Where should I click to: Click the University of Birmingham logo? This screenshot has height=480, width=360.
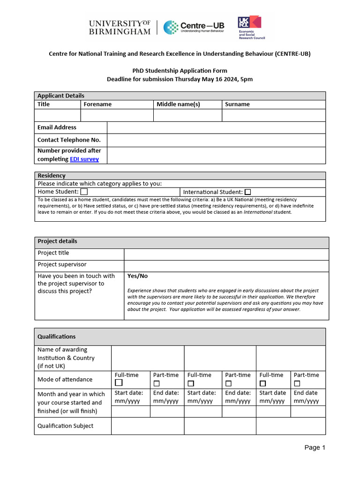(x=120, y=27)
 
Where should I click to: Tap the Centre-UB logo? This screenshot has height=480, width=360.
(x=194, y=27)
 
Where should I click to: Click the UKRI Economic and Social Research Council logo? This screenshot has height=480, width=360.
(x=251, y=27)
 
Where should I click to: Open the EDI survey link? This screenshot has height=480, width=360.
(x=84, y=159)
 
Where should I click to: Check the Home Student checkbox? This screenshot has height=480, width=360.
(x=84, y=192)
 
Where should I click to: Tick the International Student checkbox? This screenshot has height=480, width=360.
(x=247, y=192)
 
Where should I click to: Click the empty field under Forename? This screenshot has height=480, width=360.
(x=117, y=115)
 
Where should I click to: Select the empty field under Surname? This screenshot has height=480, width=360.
(x=273, y=115)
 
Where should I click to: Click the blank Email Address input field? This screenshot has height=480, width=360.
(x=216, y=127)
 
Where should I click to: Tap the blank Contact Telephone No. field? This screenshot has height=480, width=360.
(x=216, y=140)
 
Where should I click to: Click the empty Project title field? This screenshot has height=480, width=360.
(x=226, y=254)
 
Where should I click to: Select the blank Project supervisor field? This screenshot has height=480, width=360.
(x=226, y=265)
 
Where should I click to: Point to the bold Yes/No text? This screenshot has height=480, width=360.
(x=137, y=276)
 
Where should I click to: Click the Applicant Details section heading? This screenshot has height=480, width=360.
(x=61, y=96)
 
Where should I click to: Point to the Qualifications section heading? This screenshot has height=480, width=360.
(x=57, y=337)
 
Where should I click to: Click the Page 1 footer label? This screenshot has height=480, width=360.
(x=315, y=448)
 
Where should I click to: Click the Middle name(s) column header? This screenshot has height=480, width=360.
(x=178, y=105)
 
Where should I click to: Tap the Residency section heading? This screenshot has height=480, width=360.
(x=52, y=176)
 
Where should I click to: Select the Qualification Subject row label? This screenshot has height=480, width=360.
(x=65, y=426)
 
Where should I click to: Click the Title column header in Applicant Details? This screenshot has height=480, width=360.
(x=44, y=105)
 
